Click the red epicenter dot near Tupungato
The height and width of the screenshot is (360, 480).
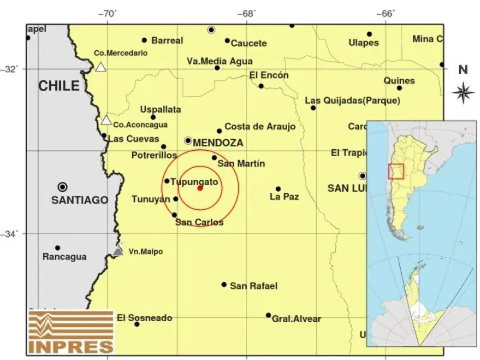point(200,188)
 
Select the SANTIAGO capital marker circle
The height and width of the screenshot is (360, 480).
point(63,187)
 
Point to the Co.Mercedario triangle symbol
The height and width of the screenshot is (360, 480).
point(100,67)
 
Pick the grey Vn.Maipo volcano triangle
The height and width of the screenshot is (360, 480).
point(118,251)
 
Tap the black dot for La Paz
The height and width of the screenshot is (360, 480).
point(278,189)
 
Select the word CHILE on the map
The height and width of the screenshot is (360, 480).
point(58,86)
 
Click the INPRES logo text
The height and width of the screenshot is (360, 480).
point(71,346)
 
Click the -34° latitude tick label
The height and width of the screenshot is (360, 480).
point(10,234)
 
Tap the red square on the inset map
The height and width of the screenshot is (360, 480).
point(395,171)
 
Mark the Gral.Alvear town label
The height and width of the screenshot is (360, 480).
point(297,319)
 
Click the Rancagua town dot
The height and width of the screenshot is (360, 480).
point(57,248)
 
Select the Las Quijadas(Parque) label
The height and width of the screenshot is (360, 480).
point(352,101)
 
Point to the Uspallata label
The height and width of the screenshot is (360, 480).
point(161,109)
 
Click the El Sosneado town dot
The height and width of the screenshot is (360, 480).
point(137,324)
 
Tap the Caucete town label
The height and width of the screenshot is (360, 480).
point(248,44)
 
